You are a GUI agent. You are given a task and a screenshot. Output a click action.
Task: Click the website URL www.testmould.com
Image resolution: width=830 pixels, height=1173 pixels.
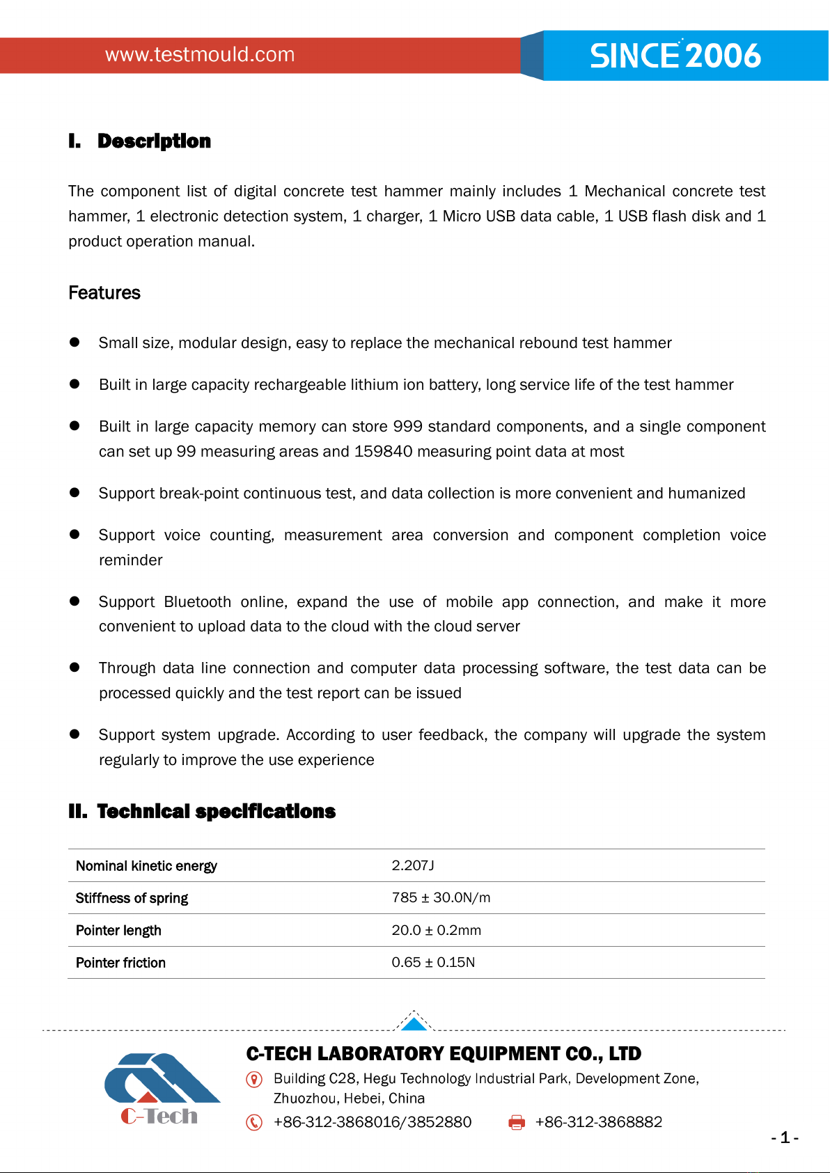pos(200,55)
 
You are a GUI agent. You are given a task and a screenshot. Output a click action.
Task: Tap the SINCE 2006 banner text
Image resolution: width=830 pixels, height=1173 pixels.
pos(675,56)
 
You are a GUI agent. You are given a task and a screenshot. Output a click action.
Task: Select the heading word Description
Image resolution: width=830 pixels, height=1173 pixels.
pos(154,141)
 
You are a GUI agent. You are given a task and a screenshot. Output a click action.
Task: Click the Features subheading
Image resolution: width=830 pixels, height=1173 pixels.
pos(104,293)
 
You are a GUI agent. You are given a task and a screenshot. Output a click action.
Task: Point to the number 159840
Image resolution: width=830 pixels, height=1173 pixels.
pos(383,452)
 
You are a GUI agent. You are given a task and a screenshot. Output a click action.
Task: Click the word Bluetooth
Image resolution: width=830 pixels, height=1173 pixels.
pos(198,602)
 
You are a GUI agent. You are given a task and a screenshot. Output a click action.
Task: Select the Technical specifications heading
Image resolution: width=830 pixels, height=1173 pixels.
pos(216,812)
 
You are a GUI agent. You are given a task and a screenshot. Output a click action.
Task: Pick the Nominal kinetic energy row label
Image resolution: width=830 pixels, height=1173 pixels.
pos(146,866)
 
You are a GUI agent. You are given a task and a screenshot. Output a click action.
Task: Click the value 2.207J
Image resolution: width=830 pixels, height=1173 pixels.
pos(413,865)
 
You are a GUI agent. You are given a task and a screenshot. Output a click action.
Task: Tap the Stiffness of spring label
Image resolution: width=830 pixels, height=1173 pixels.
pos(132,898)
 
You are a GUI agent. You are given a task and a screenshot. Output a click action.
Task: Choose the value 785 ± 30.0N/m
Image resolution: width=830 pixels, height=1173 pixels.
pos(441,898)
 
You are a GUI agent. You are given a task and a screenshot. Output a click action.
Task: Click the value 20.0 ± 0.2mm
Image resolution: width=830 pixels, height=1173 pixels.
pos(436,931)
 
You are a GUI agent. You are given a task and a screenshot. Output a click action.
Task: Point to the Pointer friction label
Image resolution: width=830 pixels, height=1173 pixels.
pos(120,963)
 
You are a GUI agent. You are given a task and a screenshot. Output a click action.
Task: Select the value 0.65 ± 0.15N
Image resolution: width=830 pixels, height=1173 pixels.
pos(433,963)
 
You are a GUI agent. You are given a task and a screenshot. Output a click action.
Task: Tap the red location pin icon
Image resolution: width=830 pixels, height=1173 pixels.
pos(255,1080)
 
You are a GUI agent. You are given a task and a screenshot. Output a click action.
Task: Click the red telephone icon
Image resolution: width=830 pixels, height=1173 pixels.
pos(255,1122)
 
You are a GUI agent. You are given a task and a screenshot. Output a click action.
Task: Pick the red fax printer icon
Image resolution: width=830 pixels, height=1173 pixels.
pos(517,1122)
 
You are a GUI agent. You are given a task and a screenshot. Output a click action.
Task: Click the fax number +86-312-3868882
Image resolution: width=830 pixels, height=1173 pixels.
pos(598,1122)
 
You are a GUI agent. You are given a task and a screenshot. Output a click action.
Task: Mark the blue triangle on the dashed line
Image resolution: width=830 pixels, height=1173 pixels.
pos(414,1024)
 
